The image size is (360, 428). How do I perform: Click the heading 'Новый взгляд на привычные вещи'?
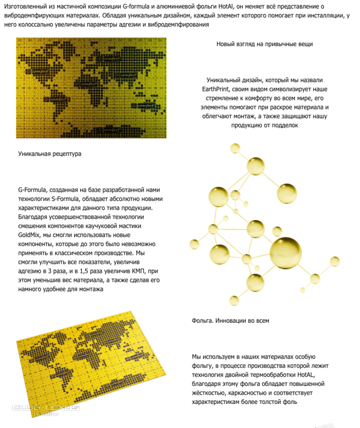coord(264,44)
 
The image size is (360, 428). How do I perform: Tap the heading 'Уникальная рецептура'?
coord(50,154)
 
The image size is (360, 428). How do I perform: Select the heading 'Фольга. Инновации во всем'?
coord(230,321)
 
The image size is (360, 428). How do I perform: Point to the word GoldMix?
coord(30,235)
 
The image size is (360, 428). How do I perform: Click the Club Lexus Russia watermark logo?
coord(46,410)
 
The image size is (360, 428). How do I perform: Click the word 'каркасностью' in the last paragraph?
coord(241,393)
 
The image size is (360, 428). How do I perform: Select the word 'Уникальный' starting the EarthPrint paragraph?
coord(223,80)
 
